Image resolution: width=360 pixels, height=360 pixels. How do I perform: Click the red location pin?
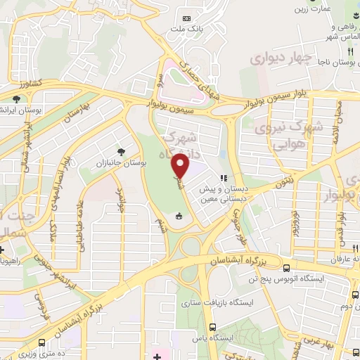point(181,167)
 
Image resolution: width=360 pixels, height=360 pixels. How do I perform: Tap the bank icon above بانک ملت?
point(186,18)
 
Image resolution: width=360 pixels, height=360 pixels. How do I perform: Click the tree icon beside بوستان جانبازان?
point(122,150)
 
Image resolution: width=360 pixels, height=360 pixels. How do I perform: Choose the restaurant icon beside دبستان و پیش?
point(224,178)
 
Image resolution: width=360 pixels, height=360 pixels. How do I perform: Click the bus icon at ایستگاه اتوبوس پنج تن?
point(285,267)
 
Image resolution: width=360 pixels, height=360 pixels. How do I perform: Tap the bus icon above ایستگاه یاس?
point(212,326)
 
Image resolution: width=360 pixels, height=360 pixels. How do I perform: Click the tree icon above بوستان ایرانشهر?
point(17,99)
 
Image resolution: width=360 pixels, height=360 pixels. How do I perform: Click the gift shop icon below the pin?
point(179,215)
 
